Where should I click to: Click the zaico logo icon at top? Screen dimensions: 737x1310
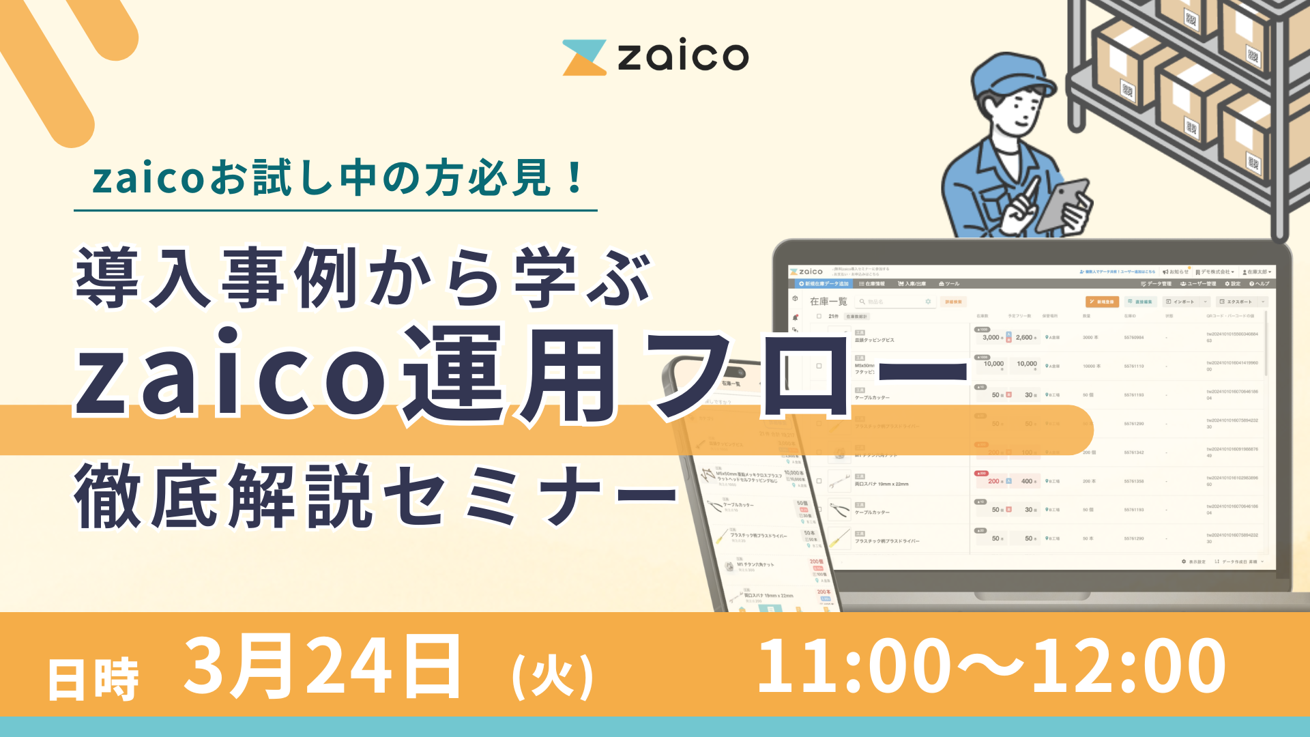(584, 57)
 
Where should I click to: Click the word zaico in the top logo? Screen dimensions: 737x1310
(682, 57)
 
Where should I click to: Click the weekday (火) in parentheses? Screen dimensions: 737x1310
(553, 676)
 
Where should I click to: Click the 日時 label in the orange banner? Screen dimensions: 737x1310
(93, 680)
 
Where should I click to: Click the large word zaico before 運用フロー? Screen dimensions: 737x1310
(232, 375)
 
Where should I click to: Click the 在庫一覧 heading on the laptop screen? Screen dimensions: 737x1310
(828, 302)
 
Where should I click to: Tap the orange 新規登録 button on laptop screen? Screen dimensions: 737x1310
(1101, 302)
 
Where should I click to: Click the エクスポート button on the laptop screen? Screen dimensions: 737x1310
(1238, 302)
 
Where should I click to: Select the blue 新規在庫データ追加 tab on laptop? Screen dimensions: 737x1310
(824, 284)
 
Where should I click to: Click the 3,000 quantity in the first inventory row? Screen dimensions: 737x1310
(991, 338)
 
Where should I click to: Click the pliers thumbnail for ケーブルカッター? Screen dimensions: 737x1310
(839, 509)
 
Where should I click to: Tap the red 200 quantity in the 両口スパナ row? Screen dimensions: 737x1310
(993, 481)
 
